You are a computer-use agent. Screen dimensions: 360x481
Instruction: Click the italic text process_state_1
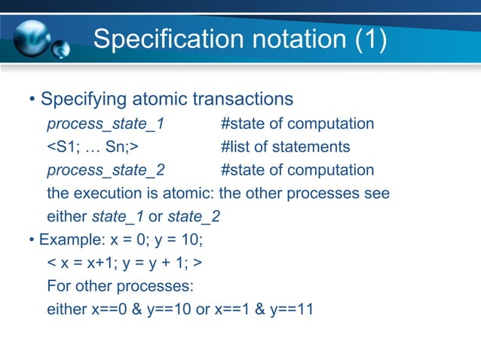tap(106, 124)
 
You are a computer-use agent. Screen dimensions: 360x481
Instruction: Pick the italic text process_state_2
tap(106, 170)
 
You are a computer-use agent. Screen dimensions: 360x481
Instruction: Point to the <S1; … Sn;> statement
tap(92, 147)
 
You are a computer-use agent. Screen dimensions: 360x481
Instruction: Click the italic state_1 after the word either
tap(118, 217)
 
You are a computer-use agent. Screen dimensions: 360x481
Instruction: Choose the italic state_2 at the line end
tap(194, 217)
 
